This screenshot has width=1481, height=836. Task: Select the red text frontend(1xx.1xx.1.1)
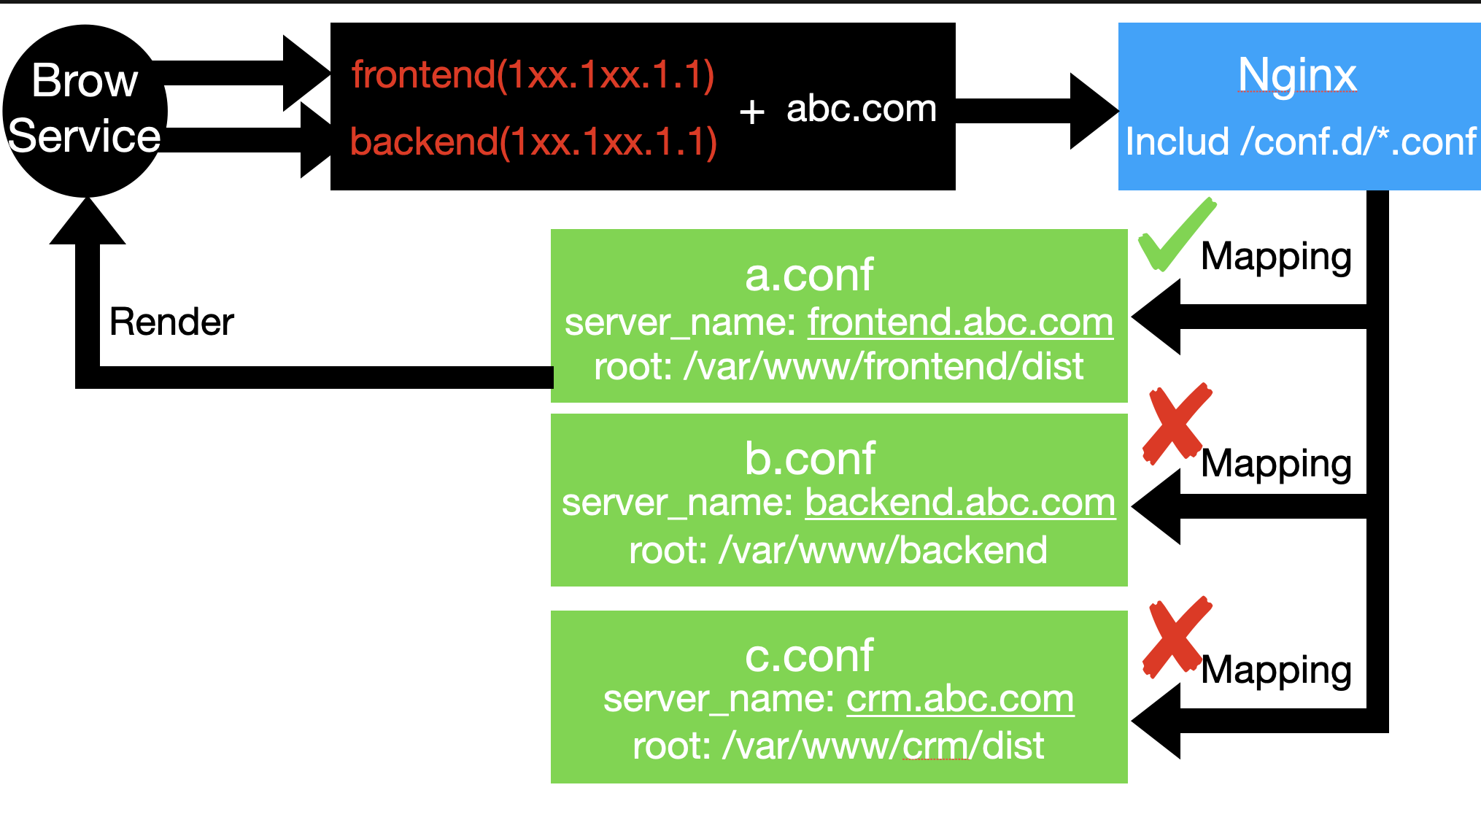click(x=533, y=75)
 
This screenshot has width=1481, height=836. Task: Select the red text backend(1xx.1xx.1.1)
click(x=533, y=142)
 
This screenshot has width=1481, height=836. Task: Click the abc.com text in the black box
click(x=861, y=109)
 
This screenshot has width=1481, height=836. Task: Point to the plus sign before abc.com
click(x=751, y=112)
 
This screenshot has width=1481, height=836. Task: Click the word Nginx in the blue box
click(x=1297, y=74)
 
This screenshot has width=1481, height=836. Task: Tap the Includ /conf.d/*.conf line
click(x=1300, y=141)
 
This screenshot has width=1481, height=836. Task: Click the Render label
click(x=171, y=322)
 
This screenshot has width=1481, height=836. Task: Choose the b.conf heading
click(x=809, y=458)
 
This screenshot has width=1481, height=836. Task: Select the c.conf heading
click(x=808, y=655)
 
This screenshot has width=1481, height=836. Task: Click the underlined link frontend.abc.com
click(x=960, y=322)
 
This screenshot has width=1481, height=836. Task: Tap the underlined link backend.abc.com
click(x=960, y=503)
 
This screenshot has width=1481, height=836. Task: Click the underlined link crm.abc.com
click(x=960, y=699)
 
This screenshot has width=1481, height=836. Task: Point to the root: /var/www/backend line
click(x=838, y=549)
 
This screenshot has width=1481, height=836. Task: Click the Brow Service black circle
click(x=85, y=109)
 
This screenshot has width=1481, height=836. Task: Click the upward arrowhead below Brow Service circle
click(x=88, y=222)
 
